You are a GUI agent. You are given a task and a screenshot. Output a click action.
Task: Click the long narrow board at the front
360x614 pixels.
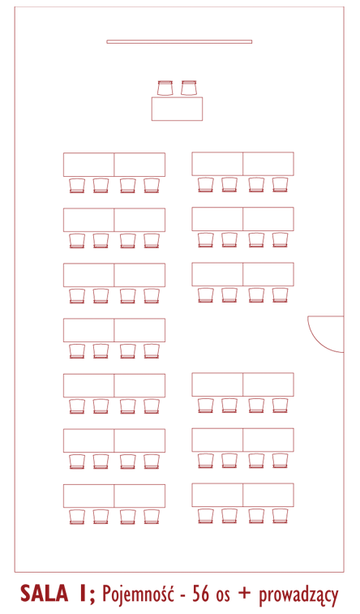pyautogui.click(x=179, y=41)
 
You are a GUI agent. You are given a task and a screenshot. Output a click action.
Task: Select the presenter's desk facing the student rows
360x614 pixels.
pyautogui.click(x=177, y=109)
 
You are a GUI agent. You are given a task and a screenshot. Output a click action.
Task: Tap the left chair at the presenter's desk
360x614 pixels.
pyautogui.click(x=165, y=88)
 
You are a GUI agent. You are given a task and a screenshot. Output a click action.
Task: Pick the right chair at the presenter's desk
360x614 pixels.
pyautogui.click(x=189, y=88)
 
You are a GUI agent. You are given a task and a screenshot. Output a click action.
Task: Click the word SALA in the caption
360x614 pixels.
pyautogui.click(x=45, y=594)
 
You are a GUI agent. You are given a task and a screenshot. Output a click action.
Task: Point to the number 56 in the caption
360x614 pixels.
pyautogui.click(x=201, y=594)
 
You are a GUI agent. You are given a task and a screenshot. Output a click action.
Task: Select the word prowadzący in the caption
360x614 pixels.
pyautogui.click(x=298, y=595)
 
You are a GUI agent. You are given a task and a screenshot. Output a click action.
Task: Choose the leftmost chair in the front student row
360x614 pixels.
pyautogui.click(x=77, y=186)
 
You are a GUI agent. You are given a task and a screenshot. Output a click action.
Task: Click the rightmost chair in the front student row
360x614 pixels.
pyautogui.click(x=281, y=185)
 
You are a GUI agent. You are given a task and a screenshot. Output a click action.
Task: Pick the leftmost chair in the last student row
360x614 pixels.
pyautogui.click(x=77, y=517)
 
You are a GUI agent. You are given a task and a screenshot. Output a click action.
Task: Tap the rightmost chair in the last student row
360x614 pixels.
pyautogui.click(x=281, y=516)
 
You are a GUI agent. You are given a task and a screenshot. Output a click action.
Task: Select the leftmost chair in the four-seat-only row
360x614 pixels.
pyautogui.click(x=77, y=351)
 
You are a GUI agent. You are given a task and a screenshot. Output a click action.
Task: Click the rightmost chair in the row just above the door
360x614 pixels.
pyautogui.click(x=281, y=295)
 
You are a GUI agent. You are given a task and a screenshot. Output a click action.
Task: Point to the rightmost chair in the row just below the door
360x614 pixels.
pyautogui.click(x=281, y=406)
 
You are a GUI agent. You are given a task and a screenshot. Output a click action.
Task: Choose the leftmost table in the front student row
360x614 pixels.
pyautogui.click(x=89, y=165)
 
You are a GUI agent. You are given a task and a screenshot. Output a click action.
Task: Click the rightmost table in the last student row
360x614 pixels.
pyautogui.click(x=268, y=496)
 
